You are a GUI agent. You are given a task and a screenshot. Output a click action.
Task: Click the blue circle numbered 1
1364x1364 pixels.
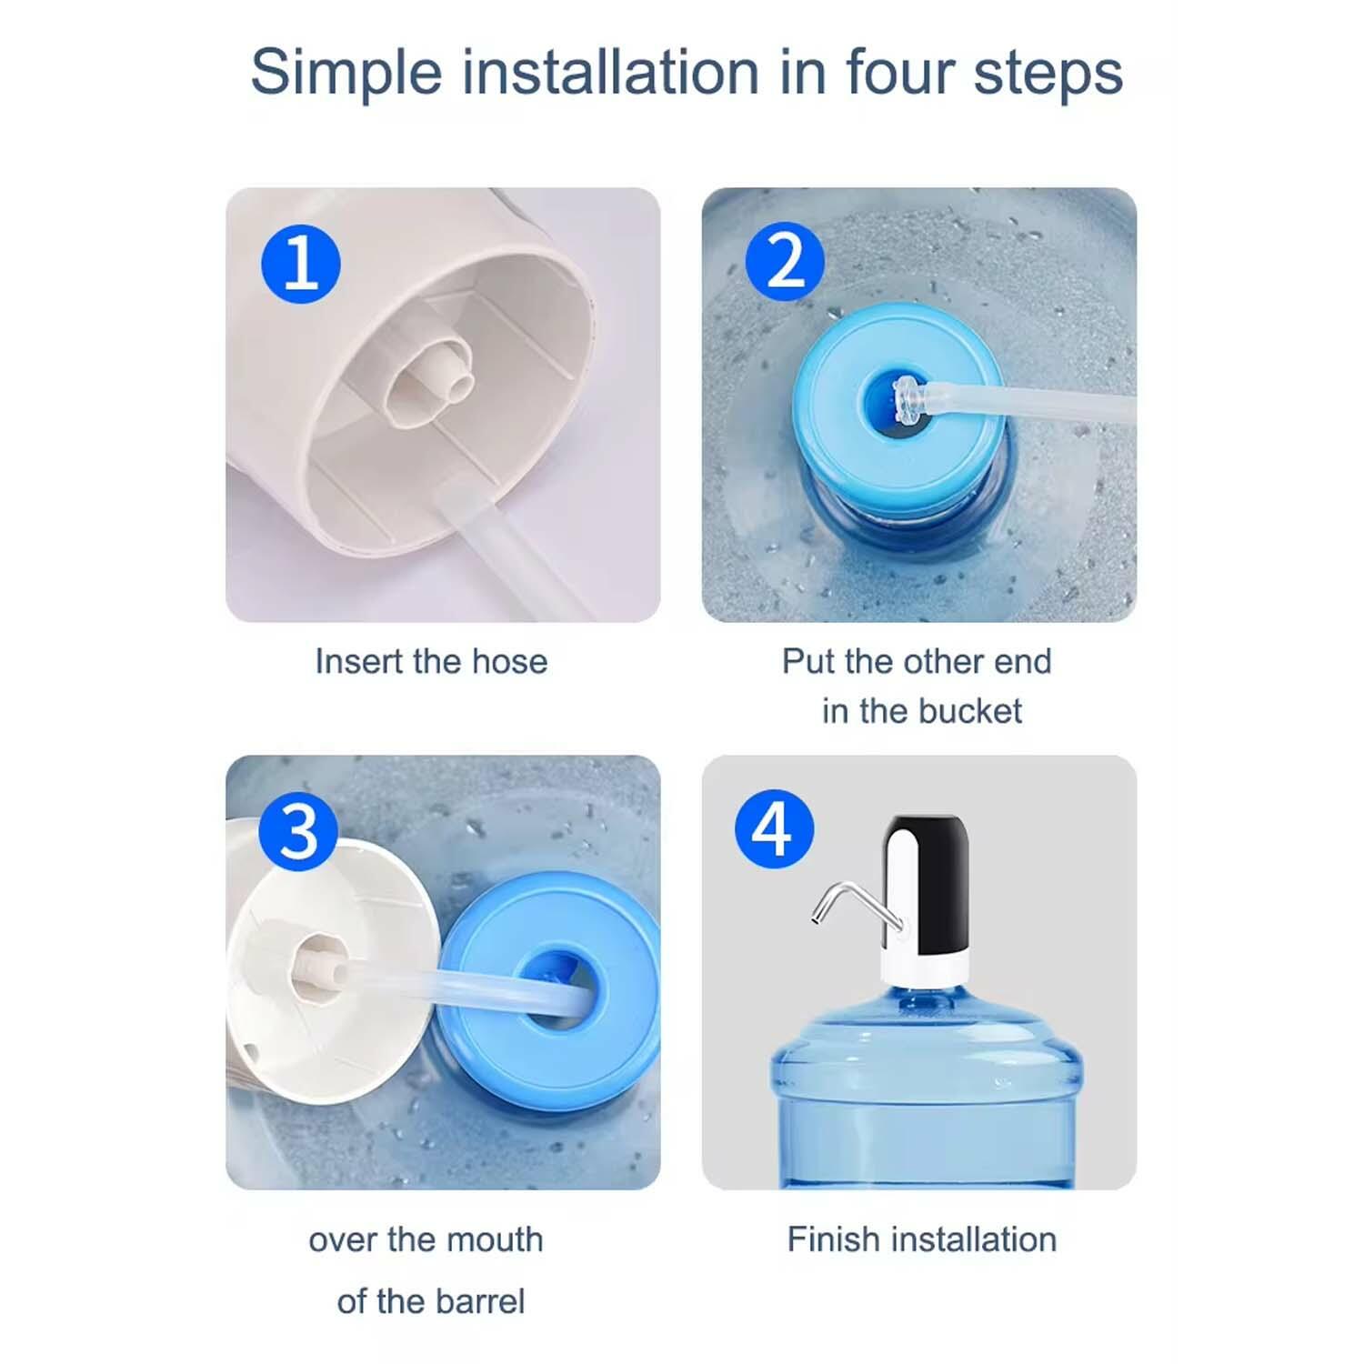301,264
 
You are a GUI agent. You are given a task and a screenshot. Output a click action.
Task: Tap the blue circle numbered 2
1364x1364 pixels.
785,262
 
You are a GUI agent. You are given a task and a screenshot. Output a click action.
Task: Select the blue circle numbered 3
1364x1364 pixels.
298,831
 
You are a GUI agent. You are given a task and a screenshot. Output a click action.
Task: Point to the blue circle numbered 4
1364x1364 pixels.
774,828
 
